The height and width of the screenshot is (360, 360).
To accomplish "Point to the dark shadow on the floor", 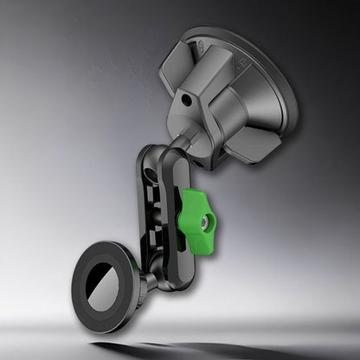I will (173, 351).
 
